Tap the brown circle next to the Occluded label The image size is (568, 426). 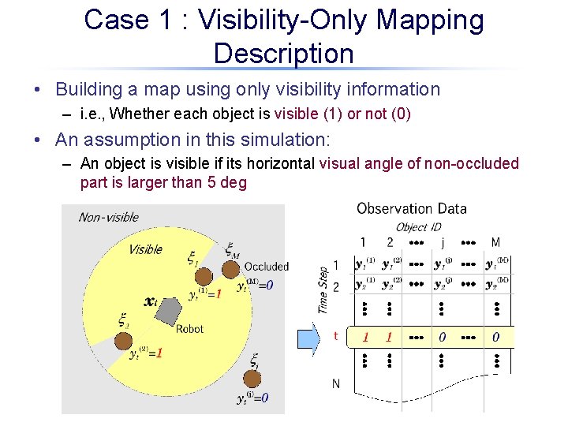click(x=230, y=274)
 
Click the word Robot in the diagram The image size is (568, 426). click(x=189, y=329)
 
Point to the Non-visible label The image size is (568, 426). click(x=108, y=217)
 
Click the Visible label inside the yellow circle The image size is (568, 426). click(x=145, y=249)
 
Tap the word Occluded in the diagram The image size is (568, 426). click(x=266, y=267)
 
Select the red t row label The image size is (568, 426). click(x=336, y=336)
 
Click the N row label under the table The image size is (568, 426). click(x=336, y=384)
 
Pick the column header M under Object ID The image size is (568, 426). click(x=495, y=242)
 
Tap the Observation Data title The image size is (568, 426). click(x=411, y=209)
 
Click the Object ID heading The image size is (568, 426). click(x=418, y=227)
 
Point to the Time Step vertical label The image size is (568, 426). click(x=323, y=289)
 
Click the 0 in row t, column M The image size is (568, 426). click(x=495, y=338)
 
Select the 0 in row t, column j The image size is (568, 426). click(x=442, y=338)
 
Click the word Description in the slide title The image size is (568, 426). click(x=283, y=54)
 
